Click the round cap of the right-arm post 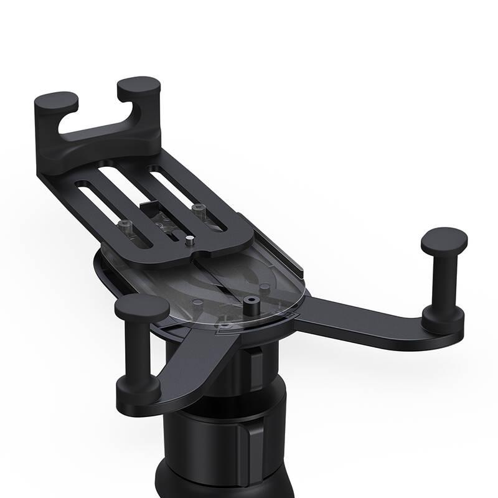pyautogui.click(x=443, y=239)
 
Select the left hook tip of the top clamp pyautogui.click(x=56, y=101)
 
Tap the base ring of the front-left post pyautogui.click(x=138, y=390)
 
